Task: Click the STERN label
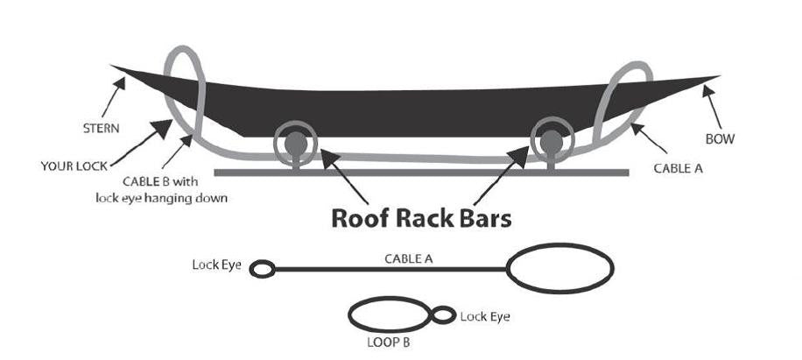[88, 128]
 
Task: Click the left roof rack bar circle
[296, 142]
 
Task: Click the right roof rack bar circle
[551, 140]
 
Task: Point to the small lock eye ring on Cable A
[262, 269]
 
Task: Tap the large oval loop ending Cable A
[560, 268]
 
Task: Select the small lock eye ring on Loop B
[443, 315]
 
